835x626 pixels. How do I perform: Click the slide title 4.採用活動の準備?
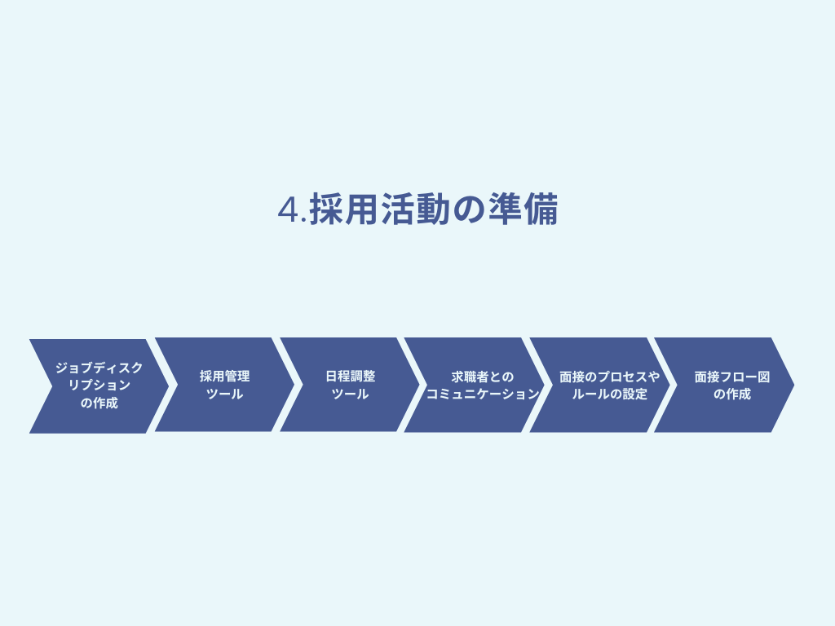coord(418,209)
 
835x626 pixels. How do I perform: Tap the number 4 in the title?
coord(288,209)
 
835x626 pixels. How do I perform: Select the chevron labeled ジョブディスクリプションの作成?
coord(99,386)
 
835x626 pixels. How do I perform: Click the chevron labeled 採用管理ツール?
coord(225,385)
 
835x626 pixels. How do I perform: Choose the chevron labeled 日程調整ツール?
coord(350,385)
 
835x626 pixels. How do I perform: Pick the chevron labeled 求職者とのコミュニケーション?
coord(475,385)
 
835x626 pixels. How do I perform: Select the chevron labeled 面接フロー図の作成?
coord(724,385)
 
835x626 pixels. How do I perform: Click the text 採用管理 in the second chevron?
coord(225,377)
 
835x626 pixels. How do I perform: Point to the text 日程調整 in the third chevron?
coord(351,377)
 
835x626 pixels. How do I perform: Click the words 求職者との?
coord(483,377)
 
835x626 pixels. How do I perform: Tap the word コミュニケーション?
coord(483,394)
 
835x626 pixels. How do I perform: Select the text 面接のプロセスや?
coord(610,377)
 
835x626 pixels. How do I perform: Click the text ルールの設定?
coord(610,394)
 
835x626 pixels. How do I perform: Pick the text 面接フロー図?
coord(732,377)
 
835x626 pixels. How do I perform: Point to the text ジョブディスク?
coord(99,368)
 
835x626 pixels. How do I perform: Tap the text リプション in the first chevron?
coord(99,386)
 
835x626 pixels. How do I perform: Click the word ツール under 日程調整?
coord(351,394)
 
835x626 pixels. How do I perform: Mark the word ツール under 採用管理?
coord(225,394)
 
